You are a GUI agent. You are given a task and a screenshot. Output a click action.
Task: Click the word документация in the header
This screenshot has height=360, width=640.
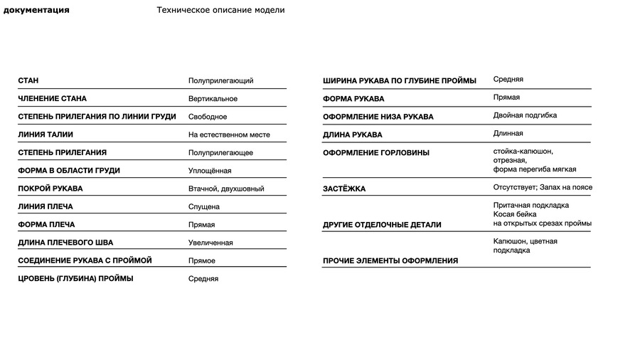tap(36, 10)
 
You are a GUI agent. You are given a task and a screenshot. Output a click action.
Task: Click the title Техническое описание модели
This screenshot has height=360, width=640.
tap(220, 10)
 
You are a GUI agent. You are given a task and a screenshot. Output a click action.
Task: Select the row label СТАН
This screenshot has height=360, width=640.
tap(28, 81)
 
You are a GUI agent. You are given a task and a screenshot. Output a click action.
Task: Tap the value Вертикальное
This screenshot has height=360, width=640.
tap(213, 99)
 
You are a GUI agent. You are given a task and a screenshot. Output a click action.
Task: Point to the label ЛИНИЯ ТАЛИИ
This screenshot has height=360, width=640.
tap(46, 134)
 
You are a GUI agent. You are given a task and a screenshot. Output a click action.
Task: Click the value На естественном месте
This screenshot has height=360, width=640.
tap(229, 134)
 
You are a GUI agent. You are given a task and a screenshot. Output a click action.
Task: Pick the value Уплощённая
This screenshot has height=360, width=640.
tap(210, 171)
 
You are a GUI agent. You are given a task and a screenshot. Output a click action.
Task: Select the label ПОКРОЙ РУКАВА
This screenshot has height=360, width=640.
tap(50, 189)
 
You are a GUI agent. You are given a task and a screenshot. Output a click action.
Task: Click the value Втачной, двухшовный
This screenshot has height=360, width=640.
tap(226, 189)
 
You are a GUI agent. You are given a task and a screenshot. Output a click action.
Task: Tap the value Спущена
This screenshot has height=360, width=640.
tap(204, 207)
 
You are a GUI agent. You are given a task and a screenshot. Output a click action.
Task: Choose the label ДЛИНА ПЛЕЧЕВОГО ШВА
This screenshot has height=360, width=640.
tap(65, 243)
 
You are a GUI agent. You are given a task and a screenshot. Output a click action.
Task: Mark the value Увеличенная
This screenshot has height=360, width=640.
tap(210, 243)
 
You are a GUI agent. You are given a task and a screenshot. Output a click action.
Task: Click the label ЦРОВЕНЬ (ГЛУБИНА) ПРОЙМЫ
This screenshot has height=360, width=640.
tap(75, 279)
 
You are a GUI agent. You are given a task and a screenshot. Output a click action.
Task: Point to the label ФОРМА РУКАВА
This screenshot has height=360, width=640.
tap(353, 99)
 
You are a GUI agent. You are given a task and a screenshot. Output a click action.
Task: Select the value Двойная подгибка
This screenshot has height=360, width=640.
tap(525, 115)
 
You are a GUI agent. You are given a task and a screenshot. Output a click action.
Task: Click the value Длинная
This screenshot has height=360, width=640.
tap(508, 134)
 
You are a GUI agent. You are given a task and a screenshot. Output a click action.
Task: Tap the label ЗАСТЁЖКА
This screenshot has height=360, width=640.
tap(344, 189)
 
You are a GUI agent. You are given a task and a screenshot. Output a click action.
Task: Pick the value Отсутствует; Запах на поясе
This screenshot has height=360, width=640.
tap(543, 188)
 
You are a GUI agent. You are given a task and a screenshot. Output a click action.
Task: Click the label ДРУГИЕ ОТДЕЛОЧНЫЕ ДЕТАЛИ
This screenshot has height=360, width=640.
tap(382, 225)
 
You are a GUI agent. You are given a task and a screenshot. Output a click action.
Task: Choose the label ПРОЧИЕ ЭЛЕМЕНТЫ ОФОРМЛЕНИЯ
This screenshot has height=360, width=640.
tap(390, 261)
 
